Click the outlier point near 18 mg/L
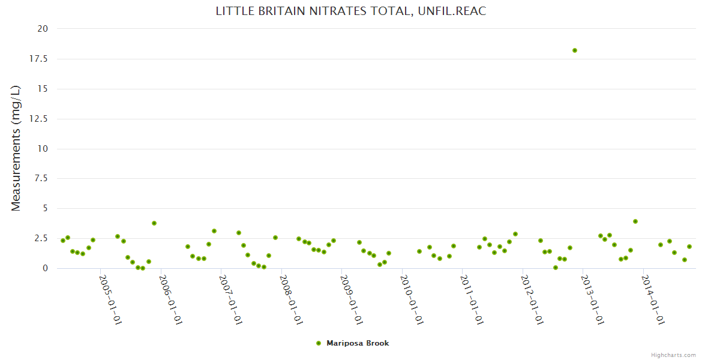click(x=574, y=50)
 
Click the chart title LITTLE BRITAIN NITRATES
click(x=350, y=11)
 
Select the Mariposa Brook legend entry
click(x=357, y=343)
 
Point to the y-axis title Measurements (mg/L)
click(x=16, y=148)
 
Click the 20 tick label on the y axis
click(x=43, y=29)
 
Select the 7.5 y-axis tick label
click(x=41, y=179)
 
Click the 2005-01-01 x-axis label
click(x=110, y=299)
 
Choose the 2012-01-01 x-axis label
click(x=532, y=299)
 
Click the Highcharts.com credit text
click(x=673, y=355)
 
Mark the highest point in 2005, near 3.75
click(x=154, y=223)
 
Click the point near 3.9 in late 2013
click(x=635, y=221)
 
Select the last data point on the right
click(x=689, y=247)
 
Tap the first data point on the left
click(x=63, y=241)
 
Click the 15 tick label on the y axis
click(x=43, y=89)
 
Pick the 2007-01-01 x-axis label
click(x=231, y=299)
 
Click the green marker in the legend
click(x=319, y=343)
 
